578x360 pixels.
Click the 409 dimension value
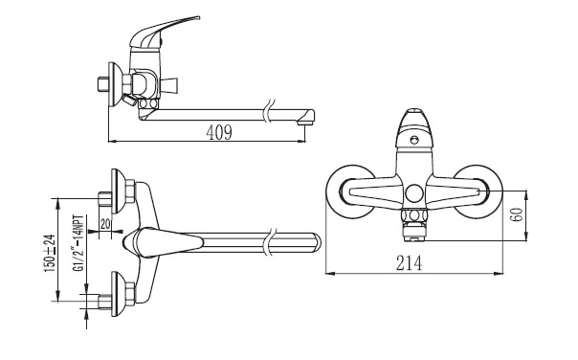[219, 132]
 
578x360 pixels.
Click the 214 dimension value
[410, 263]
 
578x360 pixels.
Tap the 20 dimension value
[105, 224]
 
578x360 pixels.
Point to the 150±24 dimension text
[50, 254]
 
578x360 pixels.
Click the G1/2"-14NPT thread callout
[78, 244]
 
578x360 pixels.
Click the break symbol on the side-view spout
[270, 111]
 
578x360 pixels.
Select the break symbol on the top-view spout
[270, 241]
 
